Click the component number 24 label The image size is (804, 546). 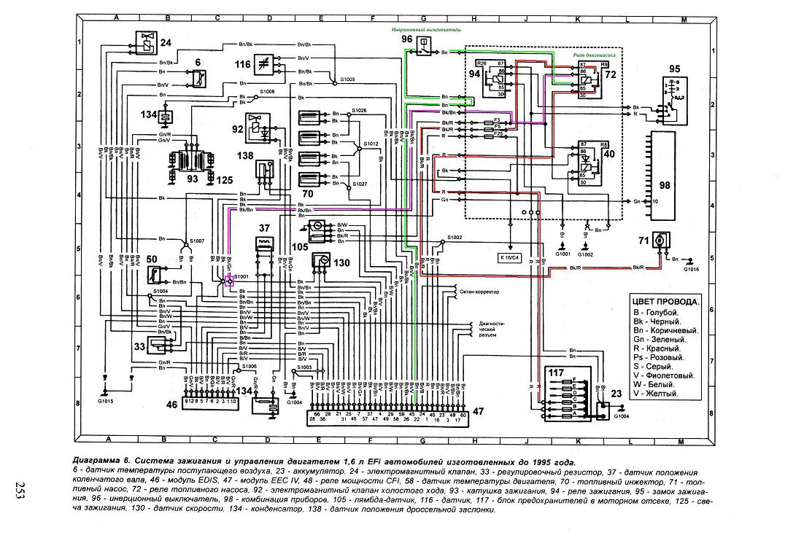tap(166, 43)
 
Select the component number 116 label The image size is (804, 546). tap(243, 65)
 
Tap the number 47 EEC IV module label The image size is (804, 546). tap(478, 412)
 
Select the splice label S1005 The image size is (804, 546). tap(341, 78)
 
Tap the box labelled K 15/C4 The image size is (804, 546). tap(510, 258)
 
